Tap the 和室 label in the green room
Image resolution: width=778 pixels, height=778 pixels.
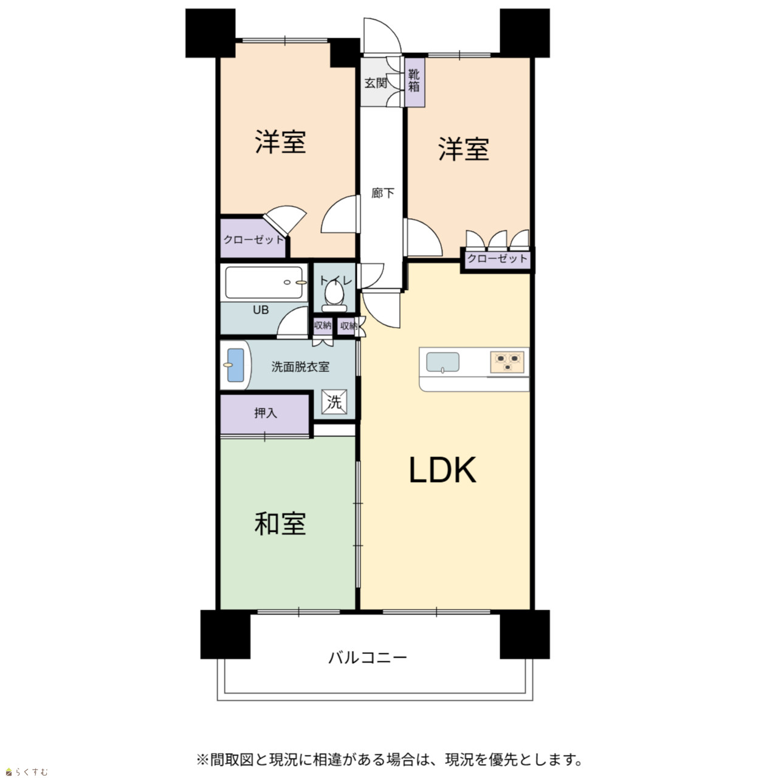pyautogui.click(x=280, y=524)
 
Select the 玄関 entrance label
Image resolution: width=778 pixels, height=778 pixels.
pyautogui.click(x=376, y=83)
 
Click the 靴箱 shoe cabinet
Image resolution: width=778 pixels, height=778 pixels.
pyautogui.click(x=415, y=83)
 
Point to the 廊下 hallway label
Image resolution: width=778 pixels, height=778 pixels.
pyautogui.click(x=383, y=193)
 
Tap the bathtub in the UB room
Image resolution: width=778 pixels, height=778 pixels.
pyautogui.click(x=264, y=282)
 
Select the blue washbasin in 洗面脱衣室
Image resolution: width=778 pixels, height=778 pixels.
pyautogui.click(x=236, y=365)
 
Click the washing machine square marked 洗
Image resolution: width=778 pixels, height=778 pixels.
pyautogui.click(x=334, y=401)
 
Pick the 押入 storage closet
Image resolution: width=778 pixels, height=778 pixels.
pyautogui.click(x=265, y=414)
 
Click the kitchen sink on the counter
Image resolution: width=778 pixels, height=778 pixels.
pyautogui.click(x=443, y=362)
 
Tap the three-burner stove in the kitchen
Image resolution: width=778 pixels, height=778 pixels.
pyautogui.click(x=508, y=362)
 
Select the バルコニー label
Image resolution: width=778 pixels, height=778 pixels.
pyautogui.click(x=367, y=657)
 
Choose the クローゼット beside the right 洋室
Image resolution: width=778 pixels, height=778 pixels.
pyautogui.click(x=497, y=258)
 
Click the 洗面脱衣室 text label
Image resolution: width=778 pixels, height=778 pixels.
pyautogui.click(x=300, y=367)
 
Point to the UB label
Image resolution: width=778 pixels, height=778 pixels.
pyautogui.click(x=260, y=310)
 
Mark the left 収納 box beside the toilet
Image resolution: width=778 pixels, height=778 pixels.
pyautogui.click(x=323, y=325)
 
